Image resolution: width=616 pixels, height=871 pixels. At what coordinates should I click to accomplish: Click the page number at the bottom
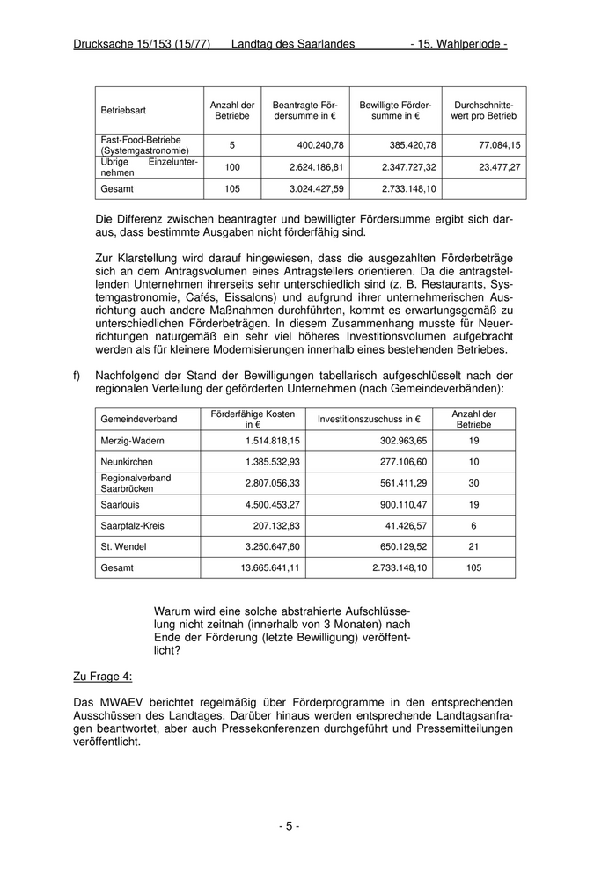[290, 826]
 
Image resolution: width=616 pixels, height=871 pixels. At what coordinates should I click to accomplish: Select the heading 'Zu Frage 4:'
[103, 676]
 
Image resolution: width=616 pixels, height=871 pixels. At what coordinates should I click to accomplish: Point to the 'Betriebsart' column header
[123, 110]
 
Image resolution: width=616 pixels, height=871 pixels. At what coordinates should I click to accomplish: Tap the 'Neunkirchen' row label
[127, 462]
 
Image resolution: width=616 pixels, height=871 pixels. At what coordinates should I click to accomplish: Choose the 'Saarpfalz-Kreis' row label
[132, 526]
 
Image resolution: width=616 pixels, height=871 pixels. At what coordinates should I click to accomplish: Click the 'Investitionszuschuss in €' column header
[369, 419]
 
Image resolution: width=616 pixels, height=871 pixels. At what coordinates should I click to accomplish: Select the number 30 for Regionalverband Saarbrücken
[473, 483]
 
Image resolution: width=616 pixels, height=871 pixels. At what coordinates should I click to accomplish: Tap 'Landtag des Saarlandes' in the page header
[292, 44]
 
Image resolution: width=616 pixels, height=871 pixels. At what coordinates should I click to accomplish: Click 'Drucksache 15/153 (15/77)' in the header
[142, 44]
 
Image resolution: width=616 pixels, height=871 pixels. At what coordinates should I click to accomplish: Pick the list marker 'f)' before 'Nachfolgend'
[77, 376]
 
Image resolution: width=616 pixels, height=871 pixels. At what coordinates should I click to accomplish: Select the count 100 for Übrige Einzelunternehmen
[232, 167]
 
